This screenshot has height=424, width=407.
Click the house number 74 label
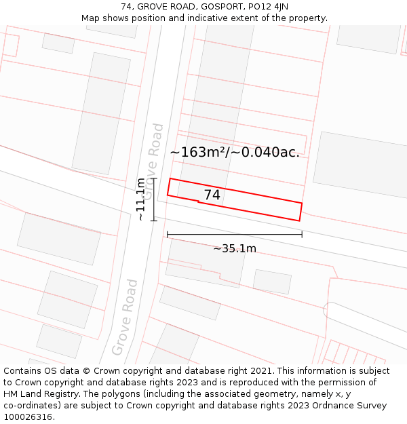click(x=212, y=195)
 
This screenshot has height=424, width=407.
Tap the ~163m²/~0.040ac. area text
click(x=235, y=152)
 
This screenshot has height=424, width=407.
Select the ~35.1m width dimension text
click(x=235, y=248)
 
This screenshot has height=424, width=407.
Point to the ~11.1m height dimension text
click(x=140, y=199)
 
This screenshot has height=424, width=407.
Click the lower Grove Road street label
click(x=125, y=317)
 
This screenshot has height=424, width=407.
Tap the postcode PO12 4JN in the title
click(x=265, y=7)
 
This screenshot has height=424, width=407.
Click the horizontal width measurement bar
click(x=235, y=235)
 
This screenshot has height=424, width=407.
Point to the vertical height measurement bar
click(x=154, y=199)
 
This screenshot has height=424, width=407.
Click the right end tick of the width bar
click(x=302, y=235)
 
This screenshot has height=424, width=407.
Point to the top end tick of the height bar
click(x=154, y=178)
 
